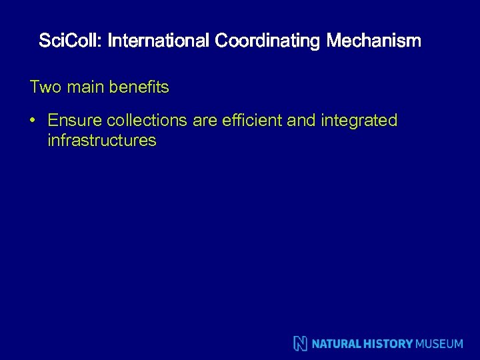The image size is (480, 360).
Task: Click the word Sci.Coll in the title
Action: tap(69, 41)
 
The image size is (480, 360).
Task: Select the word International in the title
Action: tap(159, 41)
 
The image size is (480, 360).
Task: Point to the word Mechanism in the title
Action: tap(374, 41)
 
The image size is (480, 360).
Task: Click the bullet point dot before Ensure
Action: tap(32, 121)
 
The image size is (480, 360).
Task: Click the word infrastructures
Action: tap(102, 141)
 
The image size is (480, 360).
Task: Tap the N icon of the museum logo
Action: tap(301, 343)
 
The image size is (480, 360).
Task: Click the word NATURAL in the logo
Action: tap(337, 344)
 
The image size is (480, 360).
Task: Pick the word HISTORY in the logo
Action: tap(387, 344)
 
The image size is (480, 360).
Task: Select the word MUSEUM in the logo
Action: tap(439, 344)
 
